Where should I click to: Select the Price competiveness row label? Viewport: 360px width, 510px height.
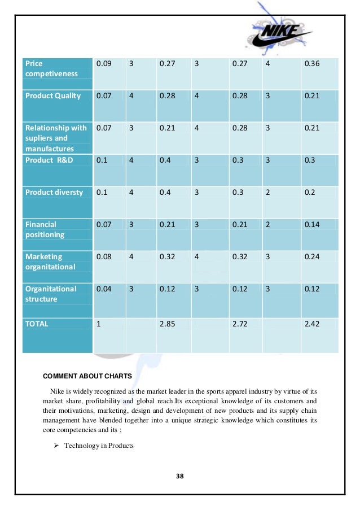click(51, 68)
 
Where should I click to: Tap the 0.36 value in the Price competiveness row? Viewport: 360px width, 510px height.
click(311, 64)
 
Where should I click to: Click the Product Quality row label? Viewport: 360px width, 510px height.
click(53, 95)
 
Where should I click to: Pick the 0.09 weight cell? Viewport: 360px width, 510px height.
click(103, 64)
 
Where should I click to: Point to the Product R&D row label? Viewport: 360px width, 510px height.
click(49, 160)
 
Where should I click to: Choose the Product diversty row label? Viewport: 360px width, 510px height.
click(54, 192)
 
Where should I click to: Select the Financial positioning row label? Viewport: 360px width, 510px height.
click(45, 229)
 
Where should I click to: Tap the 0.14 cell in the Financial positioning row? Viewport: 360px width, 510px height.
click(311, 224)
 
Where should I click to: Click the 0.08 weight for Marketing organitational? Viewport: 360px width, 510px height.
click(103, 256)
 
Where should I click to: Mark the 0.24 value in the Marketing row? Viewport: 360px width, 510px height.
click(311, 256)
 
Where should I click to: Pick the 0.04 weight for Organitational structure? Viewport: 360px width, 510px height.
click(103, 289)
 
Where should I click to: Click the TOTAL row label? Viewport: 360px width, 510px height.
click(37, 324)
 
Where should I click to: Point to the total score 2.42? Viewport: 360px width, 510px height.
click(311, 324)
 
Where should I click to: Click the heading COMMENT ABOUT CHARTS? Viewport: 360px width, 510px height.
click(87, 376)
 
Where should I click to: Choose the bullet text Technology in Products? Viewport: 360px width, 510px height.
click(99, 446)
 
